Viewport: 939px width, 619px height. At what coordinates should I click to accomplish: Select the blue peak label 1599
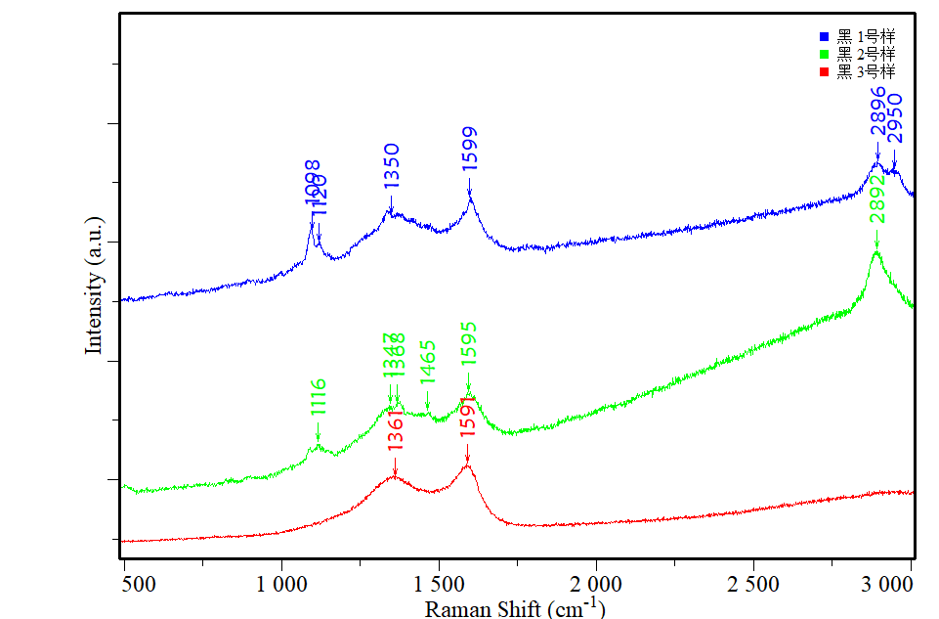(x=470, y=150)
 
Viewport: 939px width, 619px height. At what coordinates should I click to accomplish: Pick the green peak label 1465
(x=427, y=362)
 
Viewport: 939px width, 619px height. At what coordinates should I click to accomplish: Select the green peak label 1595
(x=469, y=344)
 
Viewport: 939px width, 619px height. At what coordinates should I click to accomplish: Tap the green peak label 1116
(x=319, y=398)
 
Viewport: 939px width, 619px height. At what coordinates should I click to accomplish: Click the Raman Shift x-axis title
(x=515, y=608)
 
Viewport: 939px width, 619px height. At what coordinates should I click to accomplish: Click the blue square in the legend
(x=824, y=36)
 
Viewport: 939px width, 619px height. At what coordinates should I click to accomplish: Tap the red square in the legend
(x=824, y=71)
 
